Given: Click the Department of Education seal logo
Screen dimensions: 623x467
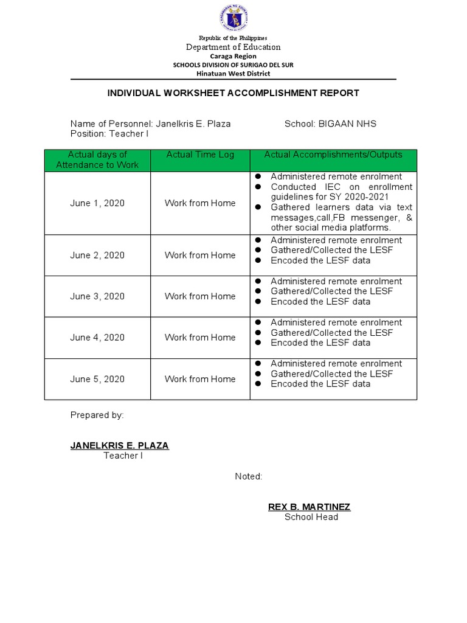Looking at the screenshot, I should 233,18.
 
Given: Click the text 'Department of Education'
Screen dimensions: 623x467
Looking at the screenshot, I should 233,47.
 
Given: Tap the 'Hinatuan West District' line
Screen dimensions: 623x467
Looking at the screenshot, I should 233,74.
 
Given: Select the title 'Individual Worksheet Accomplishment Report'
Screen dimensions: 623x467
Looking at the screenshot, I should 233,93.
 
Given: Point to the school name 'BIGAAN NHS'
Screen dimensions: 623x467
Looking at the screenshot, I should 348,124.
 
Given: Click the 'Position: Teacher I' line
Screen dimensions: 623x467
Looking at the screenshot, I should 109,133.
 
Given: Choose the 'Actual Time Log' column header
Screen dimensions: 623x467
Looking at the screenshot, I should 200,155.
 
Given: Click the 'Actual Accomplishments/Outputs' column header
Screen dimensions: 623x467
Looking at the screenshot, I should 333,155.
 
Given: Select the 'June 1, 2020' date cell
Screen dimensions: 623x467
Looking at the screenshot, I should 97,203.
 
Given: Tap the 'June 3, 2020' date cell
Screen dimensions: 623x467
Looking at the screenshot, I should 97,296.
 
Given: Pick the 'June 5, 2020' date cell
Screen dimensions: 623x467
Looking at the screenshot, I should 97,379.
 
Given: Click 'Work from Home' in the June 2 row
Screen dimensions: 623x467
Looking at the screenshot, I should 200,256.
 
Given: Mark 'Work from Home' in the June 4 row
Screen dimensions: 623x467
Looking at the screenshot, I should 200,338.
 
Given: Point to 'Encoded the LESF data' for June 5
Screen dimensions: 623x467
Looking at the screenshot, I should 320,384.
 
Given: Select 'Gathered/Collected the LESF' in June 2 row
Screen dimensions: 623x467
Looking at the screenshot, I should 331,250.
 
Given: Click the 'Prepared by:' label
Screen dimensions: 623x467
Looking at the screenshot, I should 97,415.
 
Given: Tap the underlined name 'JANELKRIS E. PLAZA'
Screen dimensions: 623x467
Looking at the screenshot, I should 120,445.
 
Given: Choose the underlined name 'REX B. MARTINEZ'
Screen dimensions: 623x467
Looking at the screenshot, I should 310,507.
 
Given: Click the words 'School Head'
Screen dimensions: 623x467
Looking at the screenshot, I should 311,517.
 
